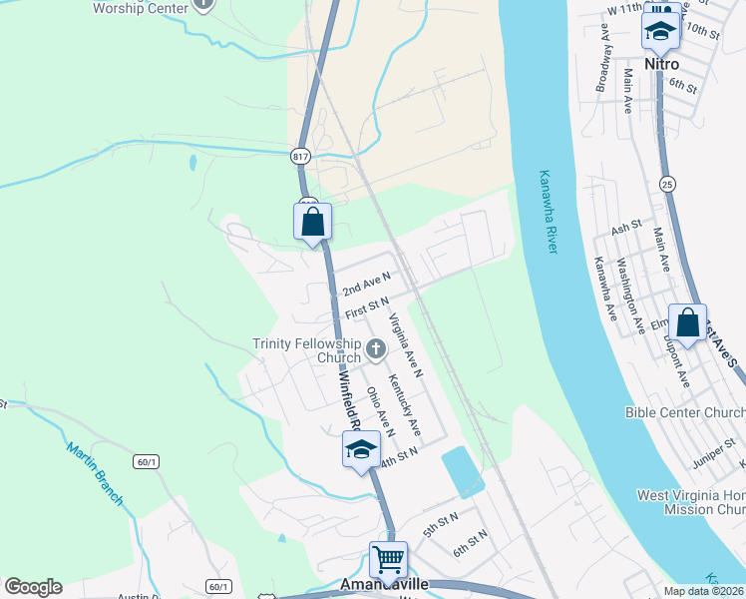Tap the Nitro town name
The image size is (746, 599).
pos(661,63)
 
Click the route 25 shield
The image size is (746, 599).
pos(666,184)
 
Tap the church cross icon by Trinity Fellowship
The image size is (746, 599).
pos(376,348)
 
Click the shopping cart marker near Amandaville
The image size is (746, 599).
pos(388,560)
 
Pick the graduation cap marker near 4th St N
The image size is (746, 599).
pos(361,450)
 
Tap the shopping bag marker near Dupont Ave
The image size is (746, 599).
pos(687,322)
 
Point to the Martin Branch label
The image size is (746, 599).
pos(96,473)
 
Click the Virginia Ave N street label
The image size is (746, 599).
pos(406,345)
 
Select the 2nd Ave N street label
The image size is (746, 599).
pos(366,284)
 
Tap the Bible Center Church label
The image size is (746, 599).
pos(685,412)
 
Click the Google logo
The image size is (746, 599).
pos(33,587)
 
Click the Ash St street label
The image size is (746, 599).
pos(626,228)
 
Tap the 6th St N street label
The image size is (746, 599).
pos(470,543)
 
